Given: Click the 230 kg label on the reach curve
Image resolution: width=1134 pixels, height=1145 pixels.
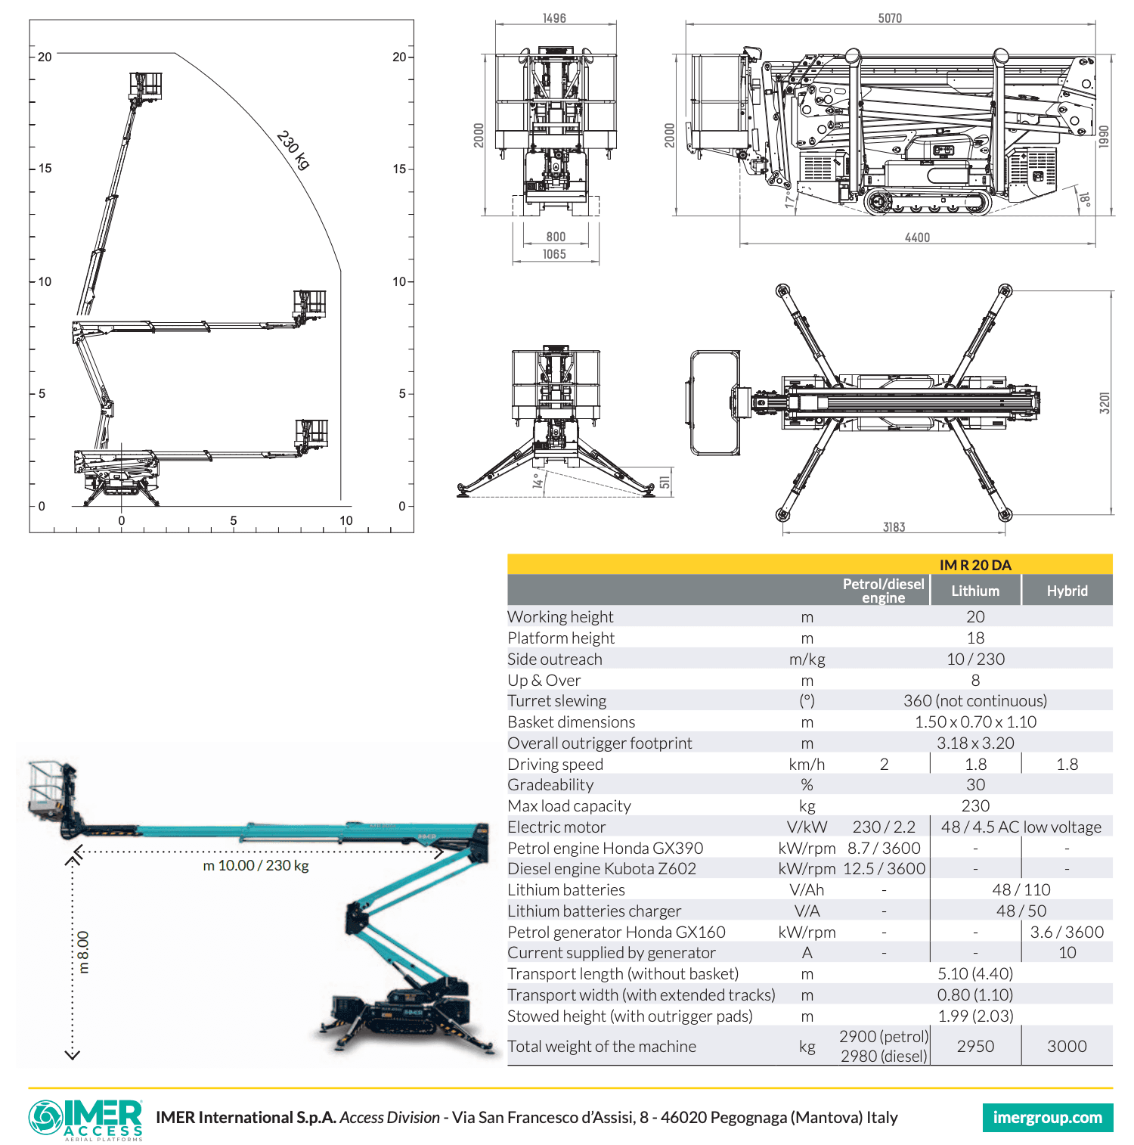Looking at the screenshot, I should click(293, 150).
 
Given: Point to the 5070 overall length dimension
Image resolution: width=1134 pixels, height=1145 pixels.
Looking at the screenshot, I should click(890, 18).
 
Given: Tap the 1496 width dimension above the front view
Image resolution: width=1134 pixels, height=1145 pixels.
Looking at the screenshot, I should click(554, 18).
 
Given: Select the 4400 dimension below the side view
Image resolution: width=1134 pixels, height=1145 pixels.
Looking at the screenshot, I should click(917, 237).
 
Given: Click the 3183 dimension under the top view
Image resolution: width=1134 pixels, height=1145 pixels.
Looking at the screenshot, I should click(894, 527).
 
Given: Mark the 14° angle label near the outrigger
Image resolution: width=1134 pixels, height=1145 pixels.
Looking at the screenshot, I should click(538, 481).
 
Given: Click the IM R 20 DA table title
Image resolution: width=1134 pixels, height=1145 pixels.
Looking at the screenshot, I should click(974, 565).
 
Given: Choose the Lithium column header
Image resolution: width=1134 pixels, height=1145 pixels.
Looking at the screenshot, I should click(975, 591).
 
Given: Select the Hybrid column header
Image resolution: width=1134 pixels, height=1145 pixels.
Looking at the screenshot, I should click(1067, 591).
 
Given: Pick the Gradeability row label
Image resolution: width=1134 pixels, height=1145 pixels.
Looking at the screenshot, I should click(550, 785).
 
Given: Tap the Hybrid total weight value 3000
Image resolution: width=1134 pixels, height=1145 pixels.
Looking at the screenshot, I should click(1067, 1046).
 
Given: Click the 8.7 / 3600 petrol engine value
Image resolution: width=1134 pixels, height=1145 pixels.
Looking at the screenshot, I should click(884, 849).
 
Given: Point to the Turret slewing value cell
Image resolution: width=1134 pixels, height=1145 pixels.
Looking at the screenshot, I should click(974, 701).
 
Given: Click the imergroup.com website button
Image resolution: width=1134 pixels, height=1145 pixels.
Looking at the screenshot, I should click(1047, 1118).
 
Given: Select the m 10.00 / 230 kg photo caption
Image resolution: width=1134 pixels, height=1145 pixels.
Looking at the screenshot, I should click(256, 865).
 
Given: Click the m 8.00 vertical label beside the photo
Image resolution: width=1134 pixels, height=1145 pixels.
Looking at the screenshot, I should click(83, 952).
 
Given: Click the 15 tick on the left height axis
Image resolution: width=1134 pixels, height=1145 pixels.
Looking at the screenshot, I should click(45, 169).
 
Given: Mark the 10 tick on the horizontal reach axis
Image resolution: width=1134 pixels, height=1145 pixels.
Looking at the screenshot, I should click(345, 520).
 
